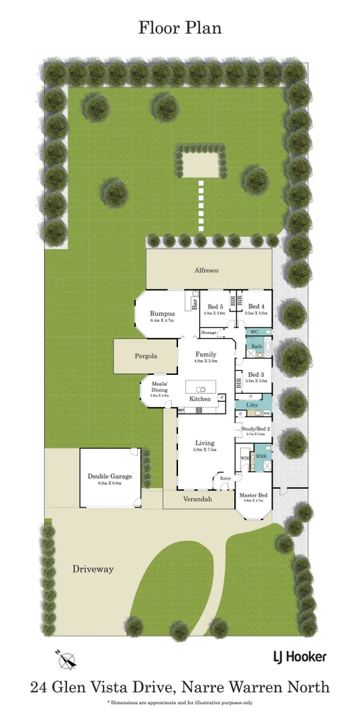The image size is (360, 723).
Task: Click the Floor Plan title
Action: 179,28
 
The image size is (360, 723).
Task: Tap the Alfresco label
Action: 206,270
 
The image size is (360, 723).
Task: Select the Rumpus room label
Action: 163,314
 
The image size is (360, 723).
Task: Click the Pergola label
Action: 145,355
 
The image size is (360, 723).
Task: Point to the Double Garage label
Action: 109,476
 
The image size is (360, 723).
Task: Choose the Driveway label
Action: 93,569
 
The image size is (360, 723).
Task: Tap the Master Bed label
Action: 254,496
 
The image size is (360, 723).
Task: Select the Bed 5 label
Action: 214,306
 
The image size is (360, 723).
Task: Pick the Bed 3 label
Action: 257,374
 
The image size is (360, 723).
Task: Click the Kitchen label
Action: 199,398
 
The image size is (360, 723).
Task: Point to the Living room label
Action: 204,443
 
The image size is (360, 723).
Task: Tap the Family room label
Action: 206,354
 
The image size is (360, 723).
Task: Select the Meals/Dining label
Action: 159,387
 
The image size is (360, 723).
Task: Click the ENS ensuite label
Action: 261,458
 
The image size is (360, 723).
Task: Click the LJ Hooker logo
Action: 300,656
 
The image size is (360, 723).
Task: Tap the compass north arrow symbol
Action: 66,660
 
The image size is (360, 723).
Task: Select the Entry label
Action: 225,478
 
